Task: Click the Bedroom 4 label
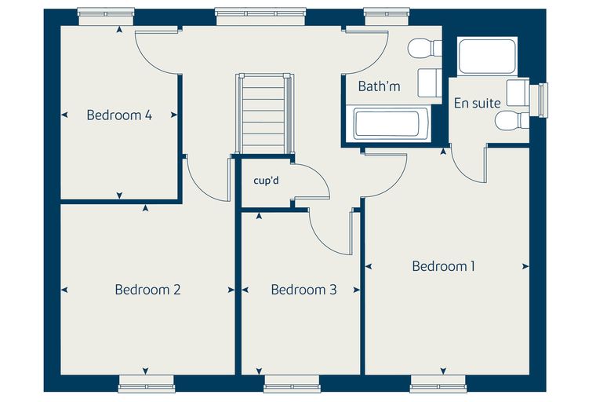(x=119, y=115)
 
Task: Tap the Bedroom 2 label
(x=147, y=290)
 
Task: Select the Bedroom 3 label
(x=303, y=290)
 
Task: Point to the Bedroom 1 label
(x=444, y=266)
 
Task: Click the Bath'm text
(x=379, y=86)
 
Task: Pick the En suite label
(x=477, y=103)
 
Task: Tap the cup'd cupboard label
(x=266, y=180)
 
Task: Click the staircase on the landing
(x=265, y=113)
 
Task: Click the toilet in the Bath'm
(x=424, y=48)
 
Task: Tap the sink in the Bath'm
(x=430, y=82)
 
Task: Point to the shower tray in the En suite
(x=487, y=57)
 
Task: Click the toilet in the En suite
(x=512, y=120)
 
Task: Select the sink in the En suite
(x=518, y=93)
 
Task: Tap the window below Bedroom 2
(x=147, y=384)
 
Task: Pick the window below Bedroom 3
(x=292, y=384)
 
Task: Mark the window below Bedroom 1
(x=438, y=384)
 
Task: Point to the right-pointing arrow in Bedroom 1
(x=525, y=266)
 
